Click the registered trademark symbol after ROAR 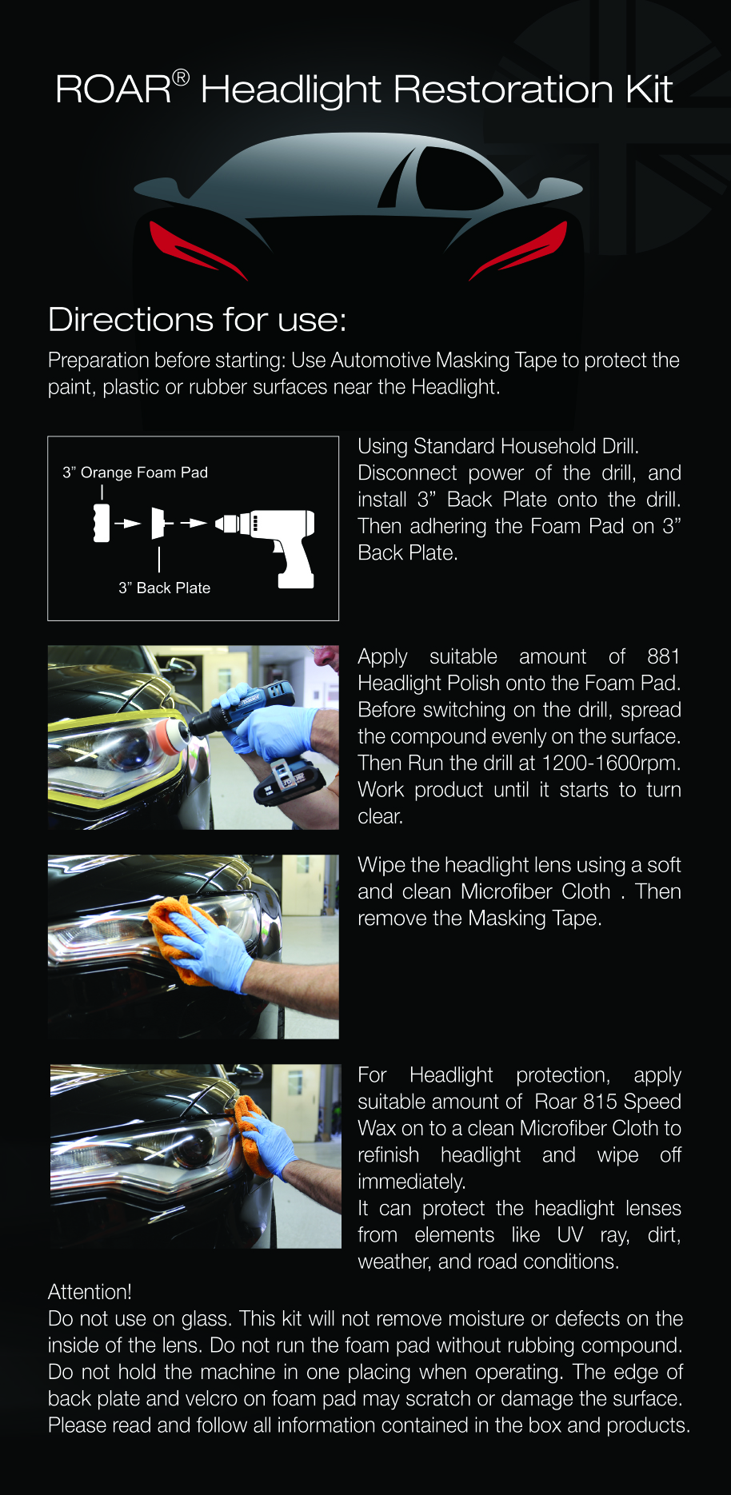[181, 78]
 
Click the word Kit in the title [649, 89]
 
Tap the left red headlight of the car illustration [196, 249]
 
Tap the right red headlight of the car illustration [519, 249]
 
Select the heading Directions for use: [197, 320]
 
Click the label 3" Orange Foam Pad [135, 472]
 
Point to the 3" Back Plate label [165, 588]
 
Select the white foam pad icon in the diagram [102, 523]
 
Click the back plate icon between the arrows [158, 523]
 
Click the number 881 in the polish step [664, 656]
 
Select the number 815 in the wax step [600, 1102]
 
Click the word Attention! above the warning [90, 1292]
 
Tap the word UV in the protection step [570, 1235]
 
